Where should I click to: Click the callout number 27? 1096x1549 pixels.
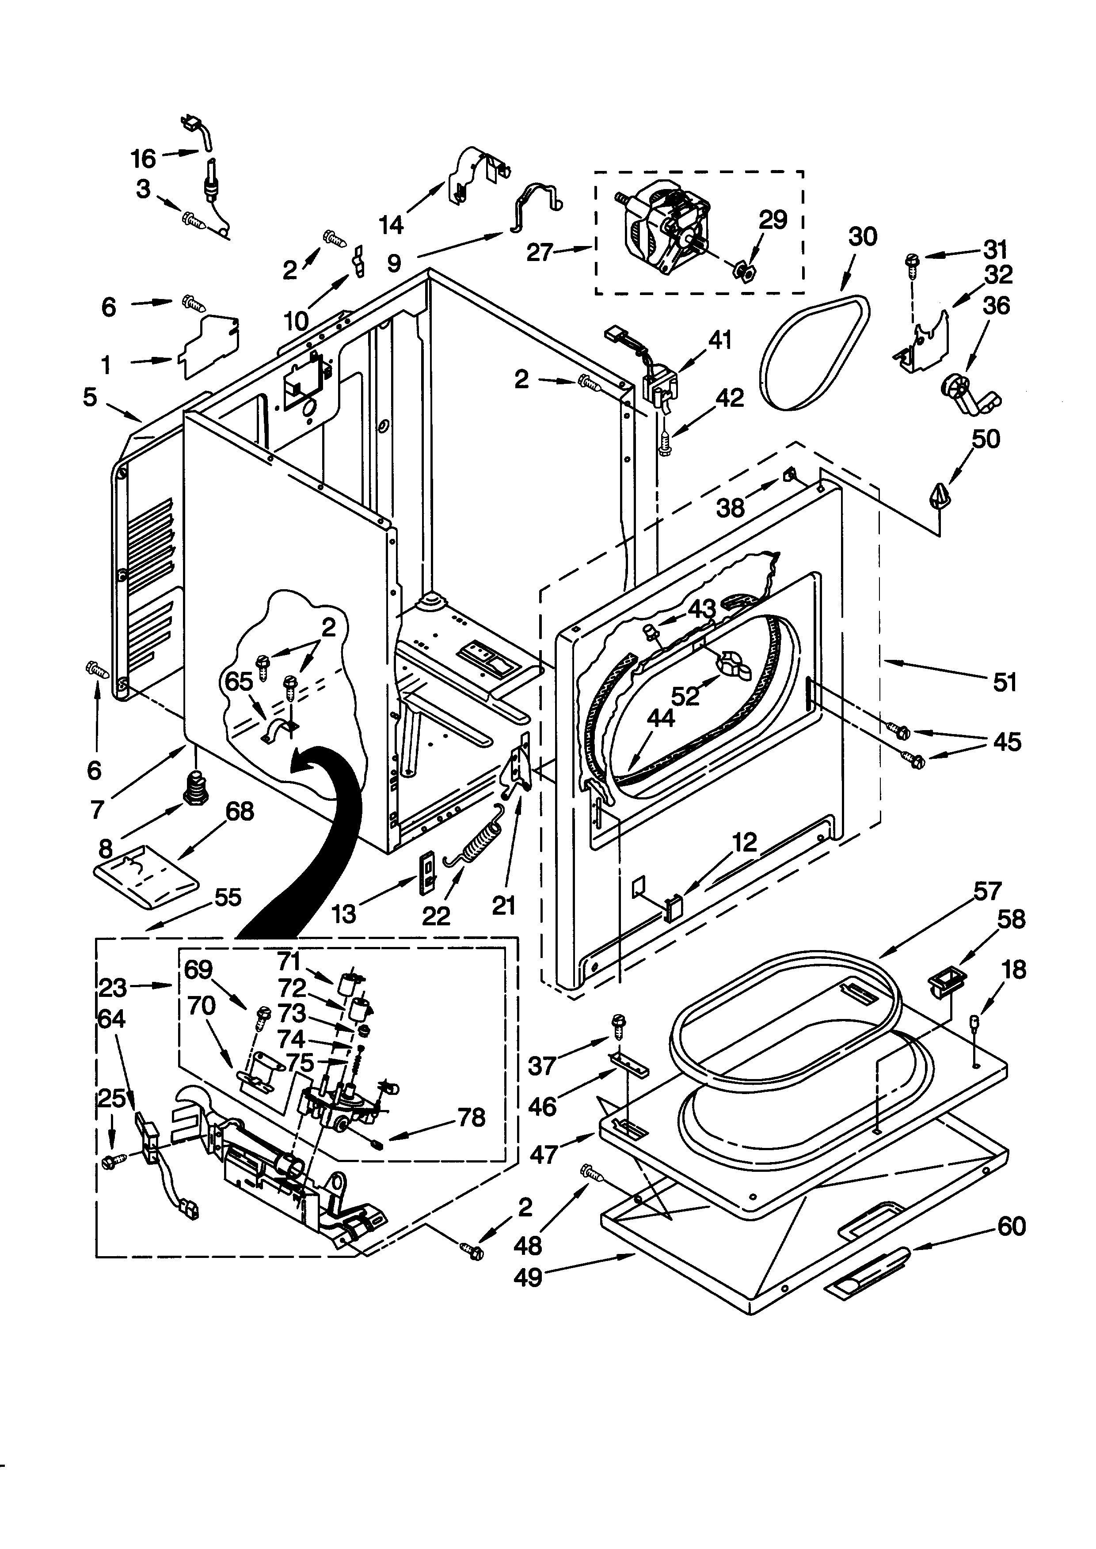click(x=540, y=253)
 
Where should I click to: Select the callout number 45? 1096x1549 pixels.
click(x=1007, y=742)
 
